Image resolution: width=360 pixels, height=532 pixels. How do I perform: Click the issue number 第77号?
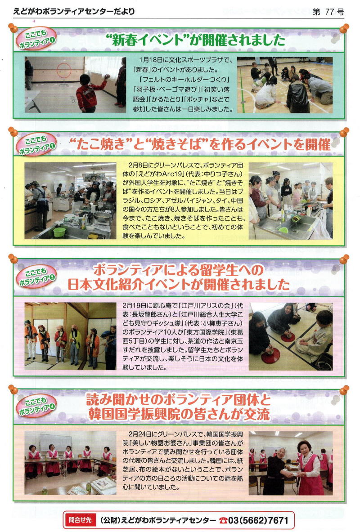(x=328, y=12)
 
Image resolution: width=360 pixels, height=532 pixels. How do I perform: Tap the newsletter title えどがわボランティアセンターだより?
(x=74, y=12)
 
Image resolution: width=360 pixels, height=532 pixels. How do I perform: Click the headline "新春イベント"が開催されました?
(x=196, y=40)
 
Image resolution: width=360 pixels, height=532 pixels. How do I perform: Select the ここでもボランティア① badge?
(x=36, y=39)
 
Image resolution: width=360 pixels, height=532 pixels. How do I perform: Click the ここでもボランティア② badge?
(x=36, y=144)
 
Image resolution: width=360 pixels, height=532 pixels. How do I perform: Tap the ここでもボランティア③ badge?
(x=36, y=276)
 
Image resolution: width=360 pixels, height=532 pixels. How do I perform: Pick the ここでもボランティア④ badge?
(x=36, y=406)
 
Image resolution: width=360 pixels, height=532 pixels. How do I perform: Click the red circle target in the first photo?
(x=64, y=71)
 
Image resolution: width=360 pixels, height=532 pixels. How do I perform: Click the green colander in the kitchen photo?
(x=59, y=232)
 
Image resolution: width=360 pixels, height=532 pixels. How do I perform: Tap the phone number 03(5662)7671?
(x=258, y=520)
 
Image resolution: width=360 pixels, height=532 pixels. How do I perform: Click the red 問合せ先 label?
(x=80, y=520)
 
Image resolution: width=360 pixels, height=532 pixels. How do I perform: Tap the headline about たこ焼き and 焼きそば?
(x=200, y=144)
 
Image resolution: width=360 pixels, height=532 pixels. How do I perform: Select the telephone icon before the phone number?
(x=223, y=520)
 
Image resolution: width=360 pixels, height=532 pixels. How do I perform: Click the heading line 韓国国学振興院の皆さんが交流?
(x=179, y=414)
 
